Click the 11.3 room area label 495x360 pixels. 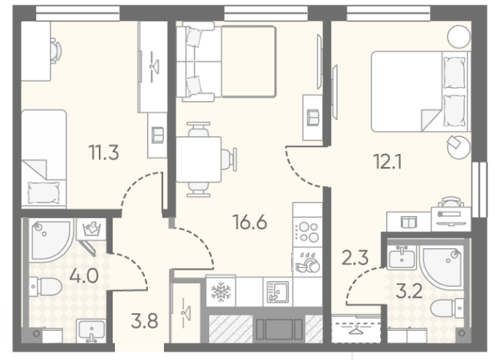pyautogui.click(x=104, y=152)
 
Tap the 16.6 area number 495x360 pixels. pyautogui.click(x=250, y=222)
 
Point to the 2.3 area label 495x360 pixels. pyautogui.click(x=355, y=257)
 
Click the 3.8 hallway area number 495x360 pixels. pyautogui.click(x=145, y=321)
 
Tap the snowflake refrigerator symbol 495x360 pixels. pyautogui.click(x=221, y=292)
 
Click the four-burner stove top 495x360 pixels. pyautogui.click(x=307, y=232)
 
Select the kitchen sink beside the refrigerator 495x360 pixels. pyautogui.click(x=277, y=292)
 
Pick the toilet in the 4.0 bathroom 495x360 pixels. pyautogui.click(x=45, y=286)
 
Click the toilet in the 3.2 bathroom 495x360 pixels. pyautogui.click(x=447, y=308)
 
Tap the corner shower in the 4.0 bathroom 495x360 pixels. pyautogui.click(x=51, y=240)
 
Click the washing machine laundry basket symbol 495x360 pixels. pyautogui.click(x=91, y=229)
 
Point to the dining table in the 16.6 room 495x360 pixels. pyautogui.click(x=198, y=159)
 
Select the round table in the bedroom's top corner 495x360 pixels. pyautogui.click(x=459, y=37)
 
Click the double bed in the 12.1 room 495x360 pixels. pyautogui.click(x=421, y=91)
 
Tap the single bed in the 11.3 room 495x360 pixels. pyautogui.click(x=44, y=159)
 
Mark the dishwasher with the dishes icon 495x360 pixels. pyautogui.click(x=307, y=263)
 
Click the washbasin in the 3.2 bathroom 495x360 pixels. pyautogui.click(x=402, y=257)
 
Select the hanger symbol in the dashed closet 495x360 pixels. pyautogui.click(x=356, y=330)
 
